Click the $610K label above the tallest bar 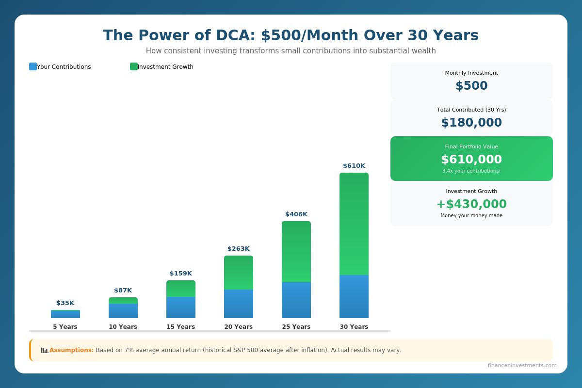coord(354,166)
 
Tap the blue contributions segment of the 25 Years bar coord(296,300)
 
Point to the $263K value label coord(239,249)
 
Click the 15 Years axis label coord(181,327)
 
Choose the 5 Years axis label coord(65,327)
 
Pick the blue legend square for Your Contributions coord(33,66)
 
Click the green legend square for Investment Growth coord(134,66)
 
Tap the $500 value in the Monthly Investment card coord(471,86)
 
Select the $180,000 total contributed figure coord(471,123)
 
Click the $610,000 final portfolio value coord(471,160)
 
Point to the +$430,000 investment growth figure coord(471,204)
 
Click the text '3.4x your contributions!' coord(471,171)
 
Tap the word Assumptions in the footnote coord(71,350)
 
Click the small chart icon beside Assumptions coord(45,350)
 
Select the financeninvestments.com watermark coord(522,366)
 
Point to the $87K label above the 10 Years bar coord(123,291)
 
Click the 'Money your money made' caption coord(471,216)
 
